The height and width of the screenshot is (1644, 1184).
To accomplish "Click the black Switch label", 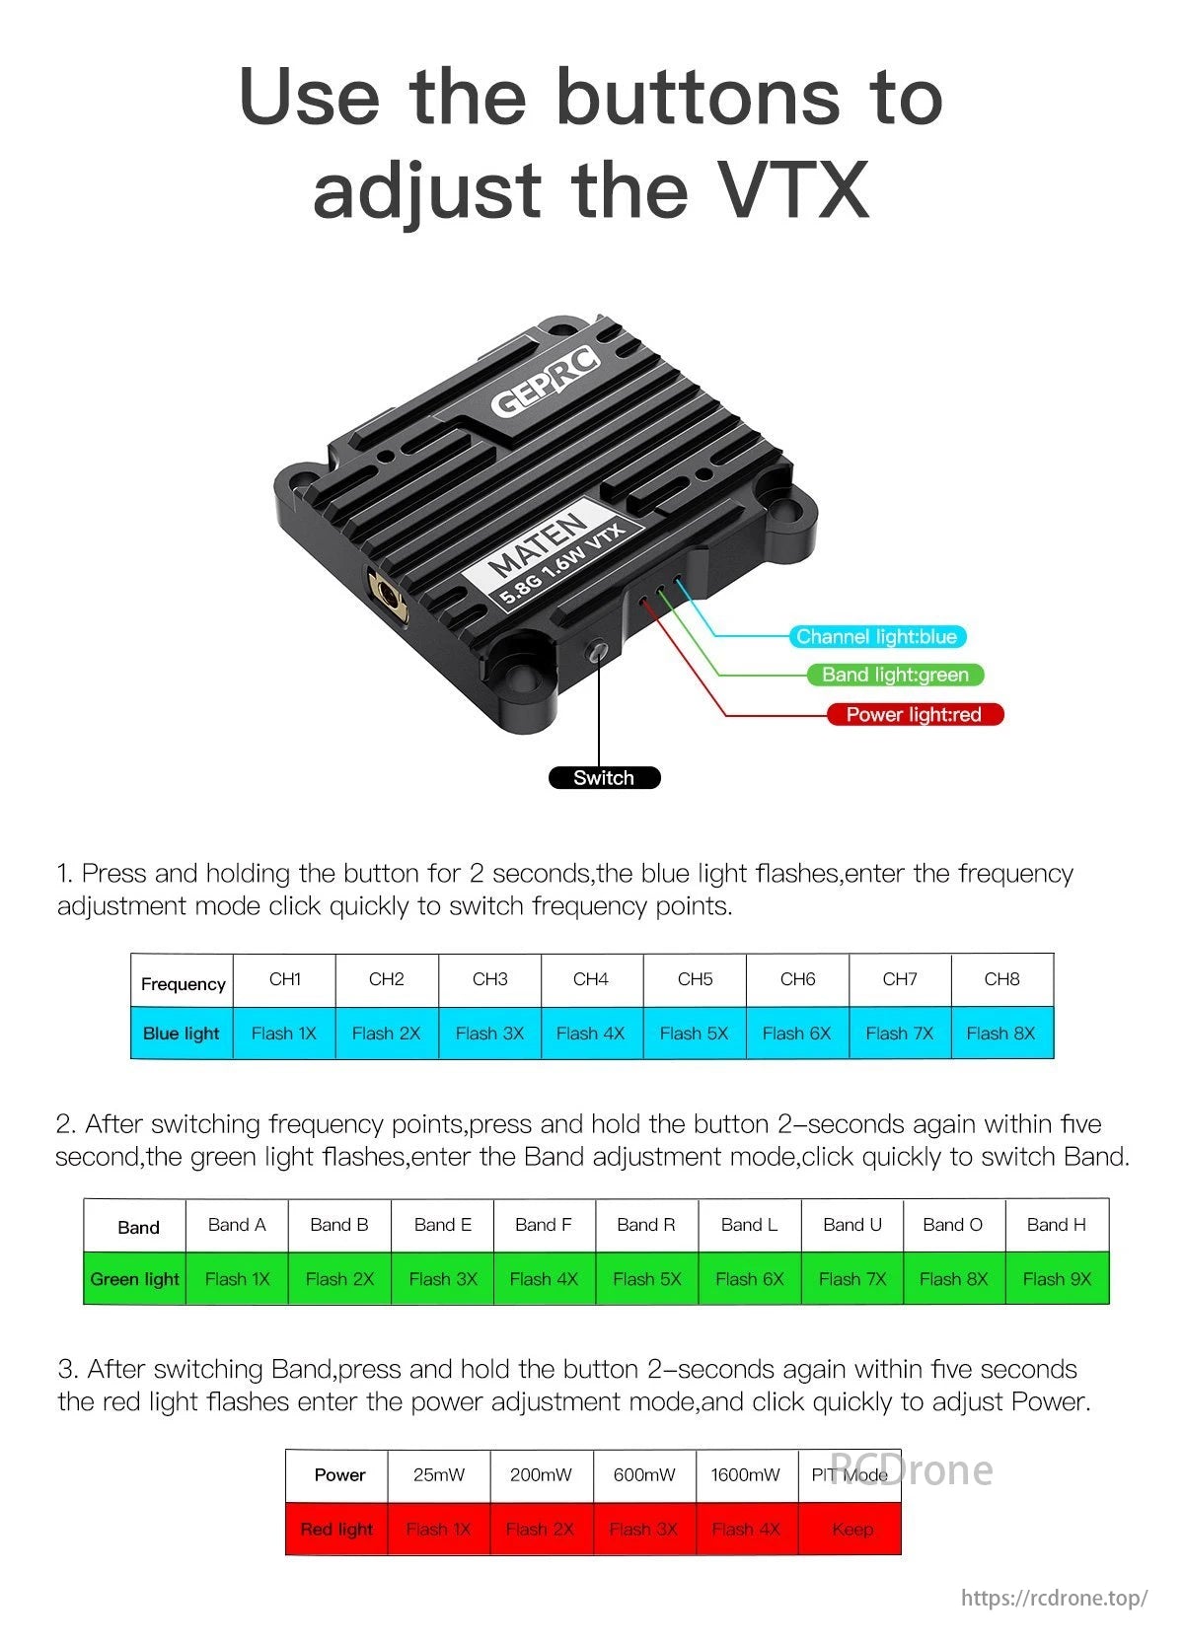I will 604,777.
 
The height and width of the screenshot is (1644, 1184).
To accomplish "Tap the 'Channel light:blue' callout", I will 876,636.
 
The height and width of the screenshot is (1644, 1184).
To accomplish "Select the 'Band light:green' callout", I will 895,675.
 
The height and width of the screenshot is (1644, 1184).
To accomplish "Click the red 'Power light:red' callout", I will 914,714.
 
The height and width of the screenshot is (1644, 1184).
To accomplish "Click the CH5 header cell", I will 695,979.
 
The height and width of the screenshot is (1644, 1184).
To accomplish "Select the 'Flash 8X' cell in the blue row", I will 1000,1033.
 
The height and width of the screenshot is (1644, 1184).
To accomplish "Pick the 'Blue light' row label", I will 182,1033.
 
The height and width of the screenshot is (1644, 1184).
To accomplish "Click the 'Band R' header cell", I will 646,1225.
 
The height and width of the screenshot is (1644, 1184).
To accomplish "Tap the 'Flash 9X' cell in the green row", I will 1057,1279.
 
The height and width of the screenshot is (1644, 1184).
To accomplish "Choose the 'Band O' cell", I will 952,1225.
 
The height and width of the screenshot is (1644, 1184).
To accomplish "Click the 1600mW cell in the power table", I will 746,1475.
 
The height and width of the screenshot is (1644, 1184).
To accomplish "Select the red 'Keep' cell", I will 851,1530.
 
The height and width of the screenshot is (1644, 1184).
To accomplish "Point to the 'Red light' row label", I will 336,1530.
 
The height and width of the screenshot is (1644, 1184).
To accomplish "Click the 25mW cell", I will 439,1475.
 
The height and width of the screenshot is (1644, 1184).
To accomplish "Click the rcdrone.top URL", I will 1054,1598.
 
